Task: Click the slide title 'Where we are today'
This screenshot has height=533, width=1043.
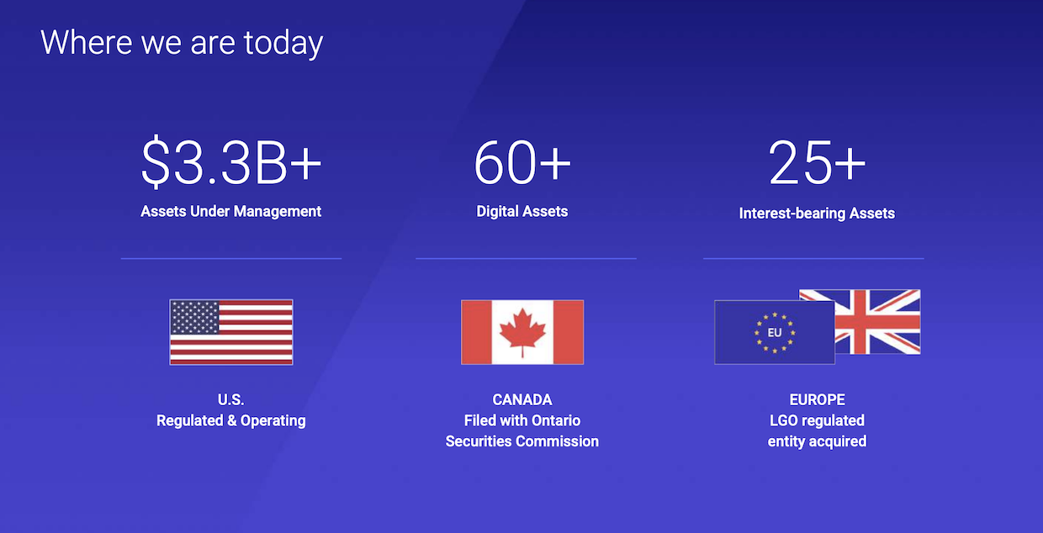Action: (182, 43)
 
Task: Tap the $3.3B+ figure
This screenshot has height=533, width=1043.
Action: (231, 163)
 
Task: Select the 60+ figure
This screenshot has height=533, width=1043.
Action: (522, 162)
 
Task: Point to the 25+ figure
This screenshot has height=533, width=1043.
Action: (817, 162)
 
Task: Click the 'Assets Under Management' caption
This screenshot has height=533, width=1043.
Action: (231, 211)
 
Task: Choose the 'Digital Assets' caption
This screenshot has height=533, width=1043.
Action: (522, 211)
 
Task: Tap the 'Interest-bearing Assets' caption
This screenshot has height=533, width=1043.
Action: (817, 214)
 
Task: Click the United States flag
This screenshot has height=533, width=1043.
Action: (231, 332)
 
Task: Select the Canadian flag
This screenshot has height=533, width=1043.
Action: (522, 332)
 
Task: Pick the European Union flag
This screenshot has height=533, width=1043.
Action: (775, 332)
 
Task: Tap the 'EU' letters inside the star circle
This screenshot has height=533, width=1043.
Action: (775, 332)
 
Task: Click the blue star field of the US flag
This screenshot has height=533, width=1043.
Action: (194, 318)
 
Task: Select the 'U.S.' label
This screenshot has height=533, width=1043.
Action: (231, 399)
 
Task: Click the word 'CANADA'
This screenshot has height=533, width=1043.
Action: (522, 399)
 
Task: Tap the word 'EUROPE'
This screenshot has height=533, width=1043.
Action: (818, 399)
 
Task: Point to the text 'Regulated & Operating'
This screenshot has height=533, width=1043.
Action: (231, 420)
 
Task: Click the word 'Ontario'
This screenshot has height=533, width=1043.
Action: (556, 420)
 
